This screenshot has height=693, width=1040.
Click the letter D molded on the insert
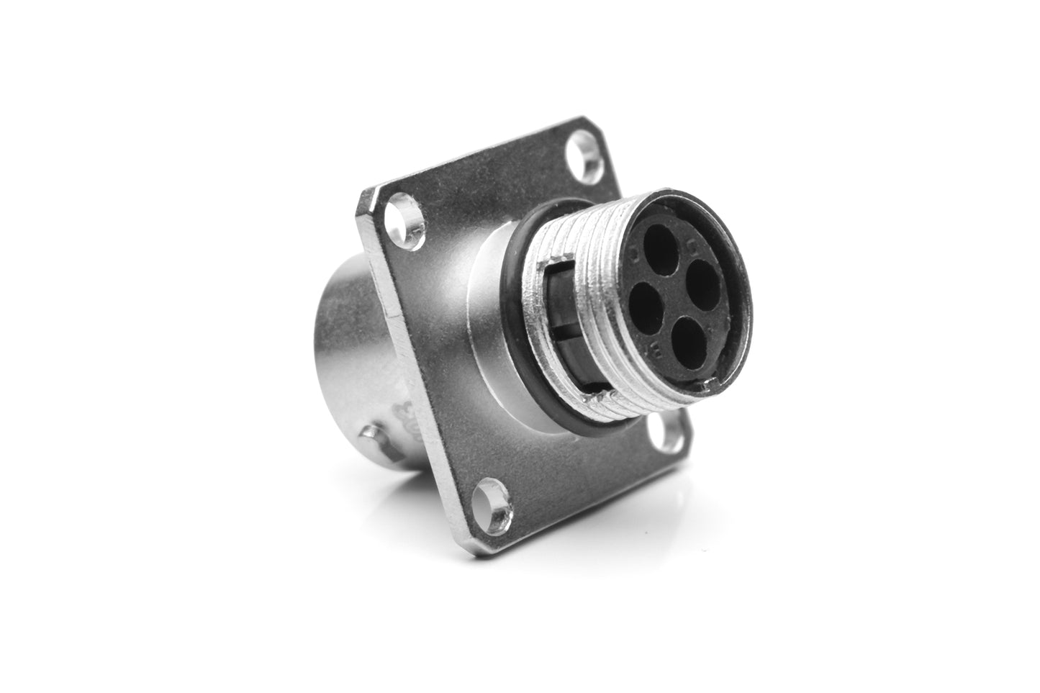(633, 255)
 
